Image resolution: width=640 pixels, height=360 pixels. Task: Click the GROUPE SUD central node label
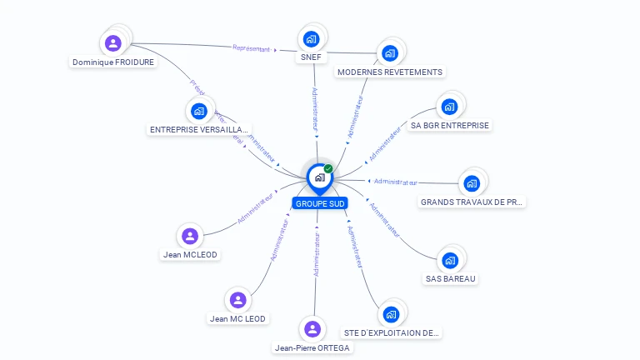[x=319, y=203]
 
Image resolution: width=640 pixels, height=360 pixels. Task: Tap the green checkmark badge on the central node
[x=328, y=168]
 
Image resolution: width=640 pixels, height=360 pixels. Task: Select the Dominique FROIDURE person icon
[x=113, y=42]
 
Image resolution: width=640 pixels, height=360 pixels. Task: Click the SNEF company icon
[x=311, y=38]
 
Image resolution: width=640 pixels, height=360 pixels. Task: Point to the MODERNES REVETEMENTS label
[x=389, y=72]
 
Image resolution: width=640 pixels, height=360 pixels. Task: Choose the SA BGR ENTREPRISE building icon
[x=449, y=107]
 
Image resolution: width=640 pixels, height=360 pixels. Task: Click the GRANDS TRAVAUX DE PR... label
[x=472, y=202]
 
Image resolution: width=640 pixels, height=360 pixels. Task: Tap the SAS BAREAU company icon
[x=451, y=260]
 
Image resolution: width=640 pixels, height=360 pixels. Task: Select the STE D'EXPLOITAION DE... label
[x=392, y=332]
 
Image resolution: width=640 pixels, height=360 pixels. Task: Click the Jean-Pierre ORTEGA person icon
[x=312, y=329]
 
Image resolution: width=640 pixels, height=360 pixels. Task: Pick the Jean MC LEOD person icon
[x=238, y=300]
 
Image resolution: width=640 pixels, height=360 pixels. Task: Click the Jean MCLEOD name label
[x=191, y=255]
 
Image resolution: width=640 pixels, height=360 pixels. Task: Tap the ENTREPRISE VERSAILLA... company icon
[x=198, y=111]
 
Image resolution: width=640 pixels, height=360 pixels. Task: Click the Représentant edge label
[x=252, y=49]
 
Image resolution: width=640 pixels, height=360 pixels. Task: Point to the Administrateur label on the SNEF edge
[x=315, y=108]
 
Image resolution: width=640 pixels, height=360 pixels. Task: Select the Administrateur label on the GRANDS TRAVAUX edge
[x=395, y=181]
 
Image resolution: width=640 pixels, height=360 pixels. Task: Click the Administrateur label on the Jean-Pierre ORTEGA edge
[x=317, y=254]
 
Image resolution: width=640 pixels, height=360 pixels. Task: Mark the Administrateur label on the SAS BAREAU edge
[x=384, y=220]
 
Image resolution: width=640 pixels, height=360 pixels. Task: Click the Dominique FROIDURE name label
[x=113, y=62]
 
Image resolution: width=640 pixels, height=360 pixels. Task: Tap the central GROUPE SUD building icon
[x=319, y=177]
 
